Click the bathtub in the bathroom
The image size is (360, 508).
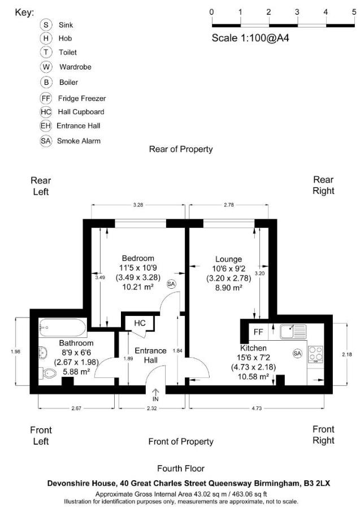[62, 327]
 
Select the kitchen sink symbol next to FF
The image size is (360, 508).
[292, 331]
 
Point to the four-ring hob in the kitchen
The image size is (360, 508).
[315, 354]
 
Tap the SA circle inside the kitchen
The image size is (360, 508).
[297, 353]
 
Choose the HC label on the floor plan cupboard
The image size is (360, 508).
[140, 323]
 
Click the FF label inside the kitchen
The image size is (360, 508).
[258, 332]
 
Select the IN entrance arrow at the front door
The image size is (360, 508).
[155, 394]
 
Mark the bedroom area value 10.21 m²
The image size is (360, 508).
[138, 286]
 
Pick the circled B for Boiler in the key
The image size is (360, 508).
[46, 82]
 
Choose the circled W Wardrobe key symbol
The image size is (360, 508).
[46, 67]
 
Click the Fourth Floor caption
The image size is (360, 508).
[180, 468]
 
